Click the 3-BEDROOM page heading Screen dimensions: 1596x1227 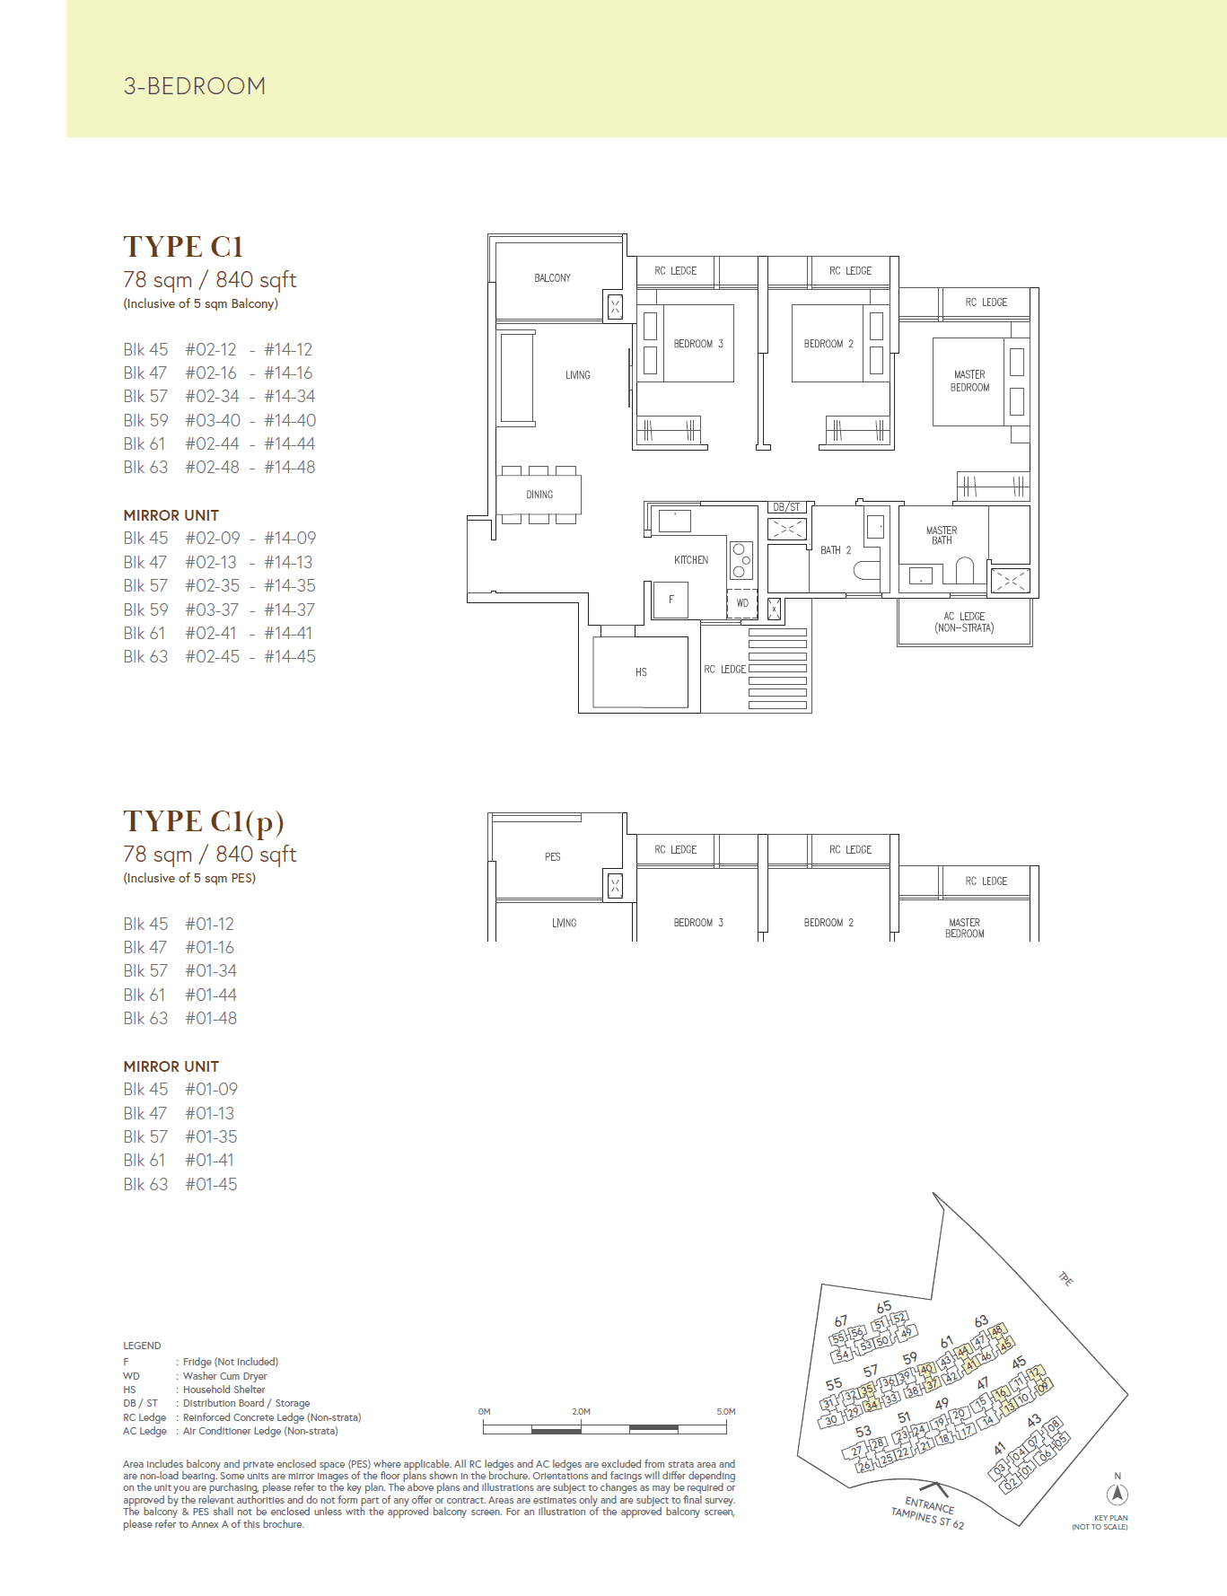(x=194, y=86)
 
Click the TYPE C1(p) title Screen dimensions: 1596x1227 (x=204, y=821)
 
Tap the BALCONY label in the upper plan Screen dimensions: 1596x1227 (x=552, y=278)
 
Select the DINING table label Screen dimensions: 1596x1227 (x=539, y=495)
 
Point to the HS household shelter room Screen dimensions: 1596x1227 (x=641, y=672)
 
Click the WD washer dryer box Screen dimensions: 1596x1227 (x=742, y=603)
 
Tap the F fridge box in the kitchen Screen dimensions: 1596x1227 (x=670, y=600)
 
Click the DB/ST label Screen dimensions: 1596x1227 (x=786, y=507)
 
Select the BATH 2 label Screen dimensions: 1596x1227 (x=836, y=550)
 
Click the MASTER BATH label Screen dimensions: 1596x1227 (x=942, y=536)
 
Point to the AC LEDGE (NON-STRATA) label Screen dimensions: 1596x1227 (x=964, y=622)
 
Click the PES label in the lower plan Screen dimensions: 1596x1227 (x=553, y=857)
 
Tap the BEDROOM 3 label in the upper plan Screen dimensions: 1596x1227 (x=698, y=344)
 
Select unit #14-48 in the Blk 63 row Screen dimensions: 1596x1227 (x=289, y=468)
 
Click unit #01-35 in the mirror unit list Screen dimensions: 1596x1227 (x=212, y=1137)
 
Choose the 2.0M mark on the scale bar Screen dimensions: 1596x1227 (x=581, y=1412)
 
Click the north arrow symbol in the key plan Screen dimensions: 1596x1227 (x=1117, y=1495)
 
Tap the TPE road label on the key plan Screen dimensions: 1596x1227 (x=1065, y=1279)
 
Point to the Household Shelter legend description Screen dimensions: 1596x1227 (x=223, y=1390)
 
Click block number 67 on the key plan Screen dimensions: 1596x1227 (x=840, y=1321)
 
